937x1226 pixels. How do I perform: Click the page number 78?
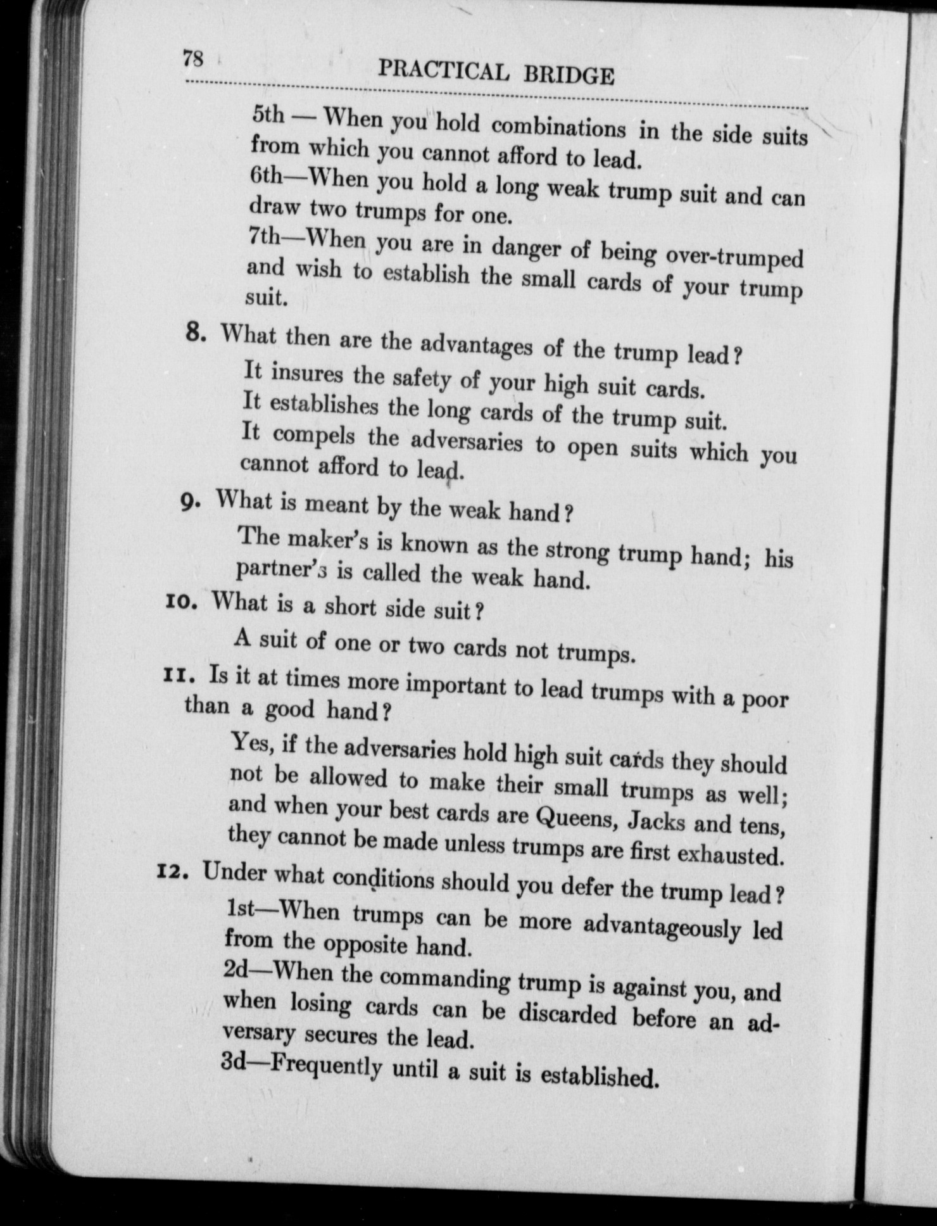[x=192, y=59]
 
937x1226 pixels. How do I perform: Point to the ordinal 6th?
[x=266, y=175]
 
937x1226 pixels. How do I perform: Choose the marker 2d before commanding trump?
[x=239, y=971]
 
